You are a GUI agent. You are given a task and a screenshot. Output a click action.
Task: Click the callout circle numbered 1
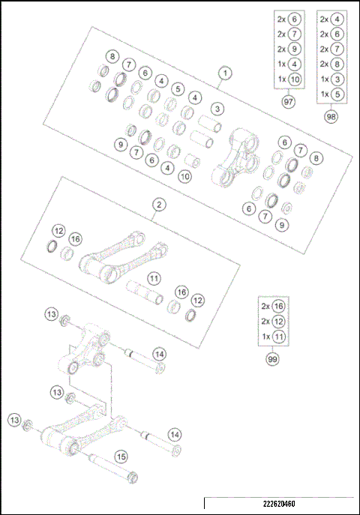(223, 73)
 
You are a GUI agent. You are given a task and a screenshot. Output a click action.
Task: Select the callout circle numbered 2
(159, 203)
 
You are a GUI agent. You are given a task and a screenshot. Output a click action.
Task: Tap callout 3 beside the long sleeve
(216, 109)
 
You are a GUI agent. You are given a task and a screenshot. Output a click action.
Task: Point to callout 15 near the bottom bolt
(121, 455)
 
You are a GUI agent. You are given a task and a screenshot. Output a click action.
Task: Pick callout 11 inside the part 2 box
(154, 278)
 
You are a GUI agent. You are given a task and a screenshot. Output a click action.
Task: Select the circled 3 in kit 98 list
(338, 79)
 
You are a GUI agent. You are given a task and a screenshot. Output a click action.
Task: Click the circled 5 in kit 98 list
(338, 94)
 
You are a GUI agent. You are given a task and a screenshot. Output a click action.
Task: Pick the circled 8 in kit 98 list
(338, 64)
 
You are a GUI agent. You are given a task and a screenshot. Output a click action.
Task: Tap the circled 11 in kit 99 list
(279, 337)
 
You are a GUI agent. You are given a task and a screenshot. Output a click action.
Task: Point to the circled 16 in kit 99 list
(279, 307)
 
